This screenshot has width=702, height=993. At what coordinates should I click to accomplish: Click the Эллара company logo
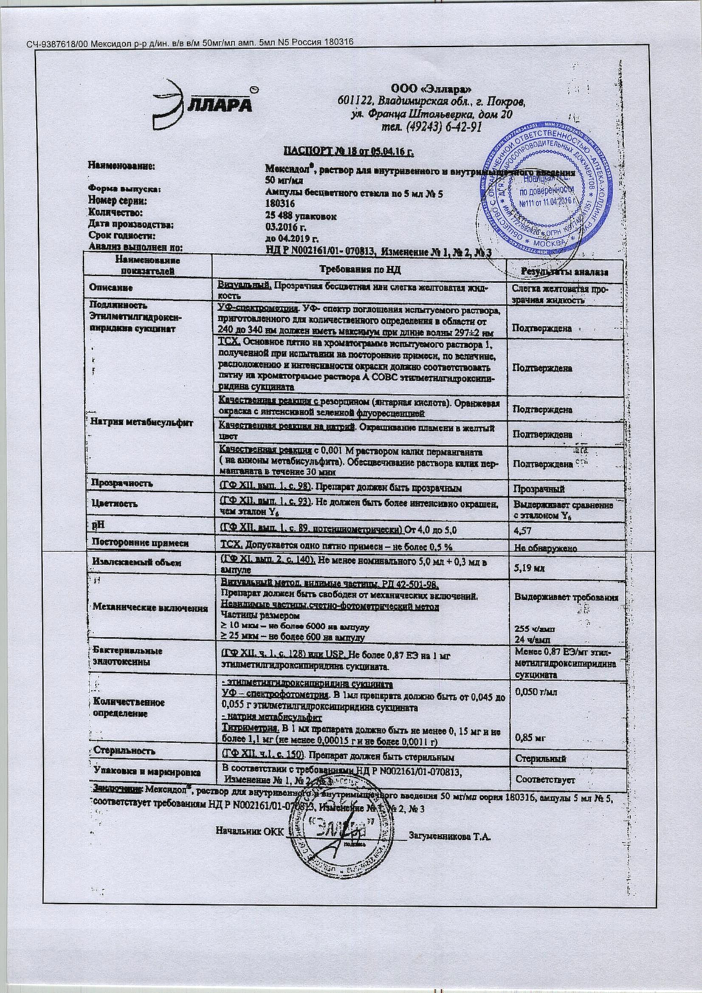pyautogui.click(x=203, y=103)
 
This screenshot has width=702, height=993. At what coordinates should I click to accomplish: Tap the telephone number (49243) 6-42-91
pyautogui.click(x=431, y=127)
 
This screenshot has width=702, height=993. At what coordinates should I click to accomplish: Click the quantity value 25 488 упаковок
pyautogui.click(x=301, y=216)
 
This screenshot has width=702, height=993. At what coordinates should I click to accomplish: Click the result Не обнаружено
pyautogui.click(x=545, y=548)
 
